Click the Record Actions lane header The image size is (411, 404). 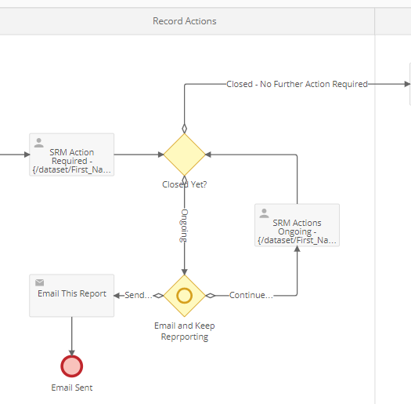(185, 21)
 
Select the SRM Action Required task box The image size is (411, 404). (71, 155)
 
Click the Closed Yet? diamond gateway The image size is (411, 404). (185, 155)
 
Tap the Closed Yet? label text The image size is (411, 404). (185, 184)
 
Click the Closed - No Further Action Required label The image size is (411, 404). (297, 84)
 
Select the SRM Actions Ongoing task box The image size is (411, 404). (297, 225)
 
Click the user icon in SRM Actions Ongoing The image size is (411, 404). (264, 213)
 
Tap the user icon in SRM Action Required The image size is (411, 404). (39, 143)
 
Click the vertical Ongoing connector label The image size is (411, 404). (185, 226)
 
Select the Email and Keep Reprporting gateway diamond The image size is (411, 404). (185, 296)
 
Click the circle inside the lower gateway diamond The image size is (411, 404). (185, 296)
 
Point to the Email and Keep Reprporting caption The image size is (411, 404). (185, 331)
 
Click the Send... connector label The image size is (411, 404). (139, 295)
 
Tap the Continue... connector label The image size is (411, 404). (251, 295)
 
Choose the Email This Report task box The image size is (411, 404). (71, 296)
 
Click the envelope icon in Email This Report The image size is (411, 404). (40, 282)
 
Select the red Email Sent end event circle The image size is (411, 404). (72, 366)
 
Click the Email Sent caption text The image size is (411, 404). (72, 388)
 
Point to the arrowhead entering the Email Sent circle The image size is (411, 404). (72, 353)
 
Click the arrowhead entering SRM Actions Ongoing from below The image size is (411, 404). (297, 249)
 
